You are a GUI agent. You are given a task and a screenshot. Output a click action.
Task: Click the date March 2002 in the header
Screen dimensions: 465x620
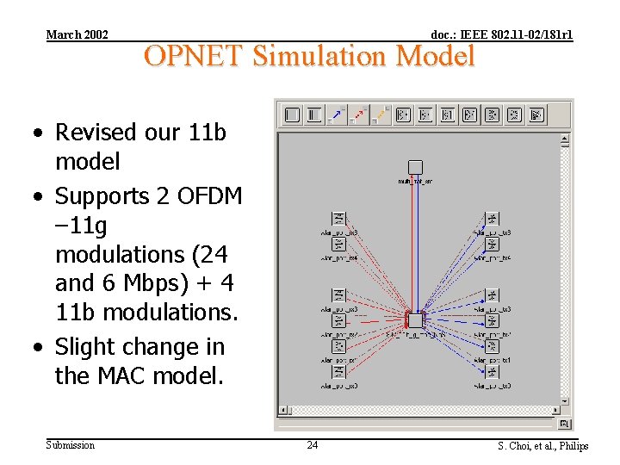tap(77, 34)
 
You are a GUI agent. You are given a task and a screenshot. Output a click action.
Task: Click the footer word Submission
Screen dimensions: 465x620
tap(71, 445)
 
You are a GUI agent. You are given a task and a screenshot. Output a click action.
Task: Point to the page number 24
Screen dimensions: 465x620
tap(312, 445)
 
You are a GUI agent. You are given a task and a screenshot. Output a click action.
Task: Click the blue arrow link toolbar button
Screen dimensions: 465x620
tap(338, 115)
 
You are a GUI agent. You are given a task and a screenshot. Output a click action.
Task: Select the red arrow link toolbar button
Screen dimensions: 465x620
tap(360, 115)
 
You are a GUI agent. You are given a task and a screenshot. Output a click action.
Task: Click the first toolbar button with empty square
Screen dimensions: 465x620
tap(292, 115)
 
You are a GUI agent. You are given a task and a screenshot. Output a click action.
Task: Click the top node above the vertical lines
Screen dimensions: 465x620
tap(415, 167)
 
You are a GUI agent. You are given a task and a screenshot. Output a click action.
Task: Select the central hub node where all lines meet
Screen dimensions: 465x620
tap(415, 320)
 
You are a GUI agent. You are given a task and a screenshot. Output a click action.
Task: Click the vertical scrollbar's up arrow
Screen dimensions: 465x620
tap(566, 139)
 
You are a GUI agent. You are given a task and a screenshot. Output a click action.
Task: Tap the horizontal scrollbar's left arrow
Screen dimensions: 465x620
tap(283, 424)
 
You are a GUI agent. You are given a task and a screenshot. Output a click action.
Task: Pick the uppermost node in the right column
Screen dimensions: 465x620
tap(492, 219)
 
